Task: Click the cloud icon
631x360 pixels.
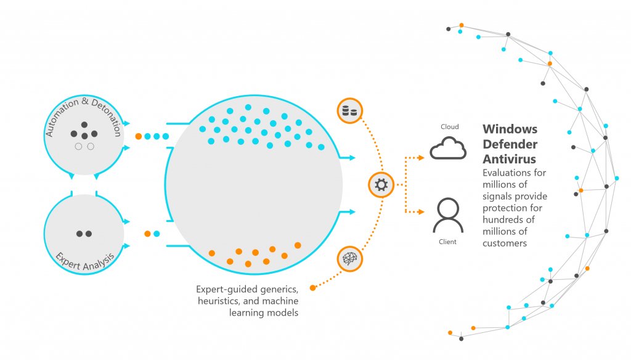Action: (448, 149)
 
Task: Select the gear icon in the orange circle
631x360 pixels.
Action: (381, 185)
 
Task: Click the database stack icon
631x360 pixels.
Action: (350, 111)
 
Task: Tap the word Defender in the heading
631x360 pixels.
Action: (510, 144)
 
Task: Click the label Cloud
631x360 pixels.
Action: (449, 127)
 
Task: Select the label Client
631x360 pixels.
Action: (448, 242)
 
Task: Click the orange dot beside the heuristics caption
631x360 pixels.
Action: (312, 288)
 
